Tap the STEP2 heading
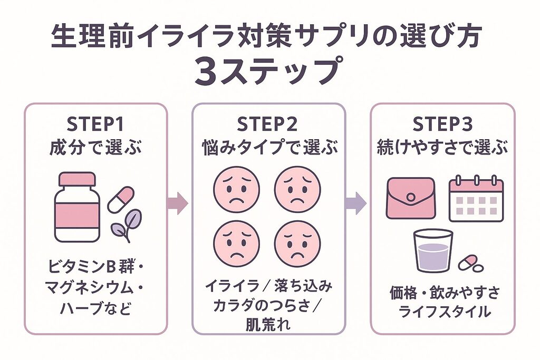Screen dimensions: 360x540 pyautogui.click(x=267, y=125)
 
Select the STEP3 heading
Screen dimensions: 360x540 pyautogui.click(x=442, y=125)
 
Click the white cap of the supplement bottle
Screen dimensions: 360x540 pyautogui.click(x=77, y=179)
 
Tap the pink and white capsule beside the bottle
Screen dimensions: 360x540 pyautogui.click(x=121, y=199)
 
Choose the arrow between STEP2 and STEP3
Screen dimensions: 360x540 pyautogui.click(x=357, y=203)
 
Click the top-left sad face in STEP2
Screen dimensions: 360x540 pyautogui.click(x=236, y=189)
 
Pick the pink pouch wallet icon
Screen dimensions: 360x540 pyautogui.click(x=410, y=198)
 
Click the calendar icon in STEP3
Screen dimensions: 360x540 pyautogui.click(x=476, y=199)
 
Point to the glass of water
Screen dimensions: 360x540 pyautogui.click(x=432, y=250)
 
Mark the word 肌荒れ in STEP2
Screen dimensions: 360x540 pyautogui.click(x=267, y=324)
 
